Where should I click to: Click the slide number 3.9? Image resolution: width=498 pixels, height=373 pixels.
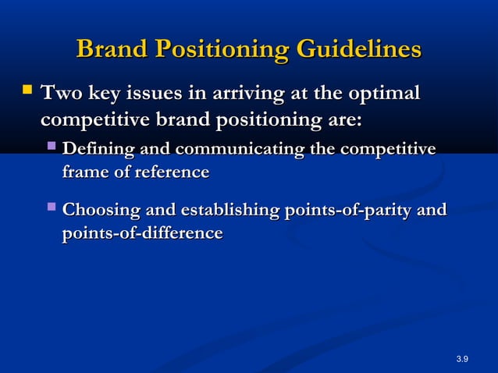(461, 358)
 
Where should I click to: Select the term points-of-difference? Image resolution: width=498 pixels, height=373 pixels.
(142, 233)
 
